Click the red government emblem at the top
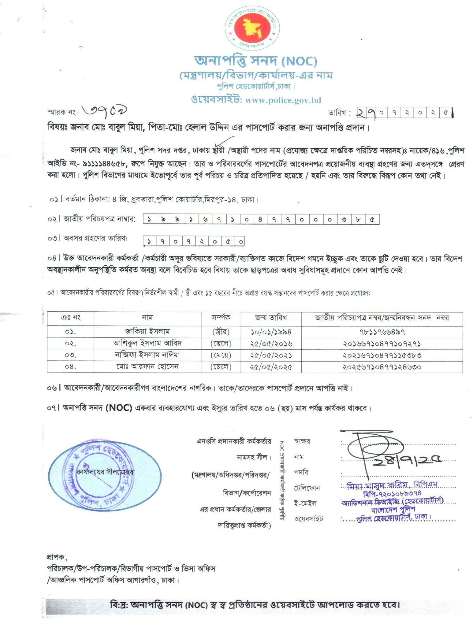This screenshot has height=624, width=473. [252, 29]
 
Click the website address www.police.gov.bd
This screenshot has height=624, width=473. [283, 100]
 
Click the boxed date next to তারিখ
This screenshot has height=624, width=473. [404, 113]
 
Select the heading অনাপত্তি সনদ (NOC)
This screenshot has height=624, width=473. [255, 61]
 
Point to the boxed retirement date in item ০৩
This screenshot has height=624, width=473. [194, 241]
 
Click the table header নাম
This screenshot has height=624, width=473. [147, 318]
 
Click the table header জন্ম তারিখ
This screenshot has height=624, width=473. [271, 318]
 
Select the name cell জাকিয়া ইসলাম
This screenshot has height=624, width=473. [147, 332]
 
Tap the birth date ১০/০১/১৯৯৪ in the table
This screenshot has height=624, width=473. [271, 332]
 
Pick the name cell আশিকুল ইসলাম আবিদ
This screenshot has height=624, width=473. [147, 343]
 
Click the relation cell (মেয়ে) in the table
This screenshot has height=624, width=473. [221, 355]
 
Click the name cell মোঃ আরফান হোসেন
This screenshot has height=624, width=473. [147, 366]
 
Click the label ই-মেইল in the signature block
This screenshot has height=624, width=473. [305, 503]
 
